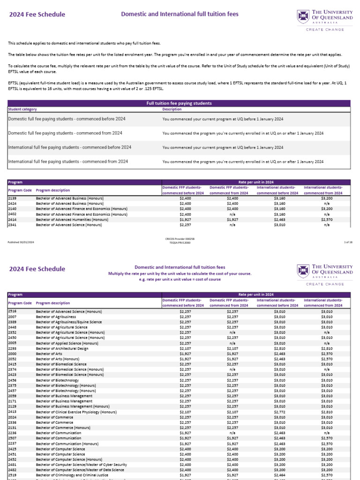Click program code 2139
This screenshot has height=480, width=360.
pyautogui.click(x=12, y=198)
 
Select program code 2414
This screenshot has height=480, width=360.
pyautogui.click(x=12, y=219)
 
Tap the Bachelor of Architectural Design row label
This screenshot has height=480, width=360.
pyautogui.click(x=62, y=349)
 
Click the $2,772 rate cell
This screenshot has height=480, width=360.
pyautogui.click(x=279, y=412)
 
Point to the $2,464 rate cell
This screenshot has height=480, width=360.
pyautogui.click(x=279, y=474)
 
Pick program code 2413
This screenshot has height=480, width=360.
pyautogui.click(x=12, y=412)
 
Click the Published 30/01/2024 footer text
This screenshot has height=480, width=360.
pyautogui.click(x=21, y=242)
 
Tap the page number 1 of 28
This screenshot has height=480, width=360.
pyautogui.click(x=348, y=242)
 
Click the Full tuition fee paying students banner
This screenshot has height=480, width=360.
pyautogui.click(x=179, y=103)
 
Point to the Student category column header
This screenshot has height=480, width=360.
pyautogui.click(x=22, y=109)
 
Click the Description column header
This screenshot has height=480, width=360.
pyautogui.click(x=172, y=109)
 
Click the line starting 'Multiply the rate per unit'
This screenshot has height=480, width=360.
pyautogui.click(x=180, y=273)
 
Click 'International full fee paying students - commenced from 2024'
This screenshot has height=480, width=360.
pyautogui.click(x=68, y=161)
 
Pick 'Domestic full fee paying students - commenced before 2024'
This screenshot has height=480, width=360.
pyautogui.click(x=67, y=119)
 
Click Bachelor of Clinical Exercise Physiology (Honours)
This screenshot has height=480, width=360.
pyautogui.click(x=76, y=412)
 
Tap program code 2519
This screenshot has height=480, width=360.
pyautogui.click(x=12, y=474)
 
